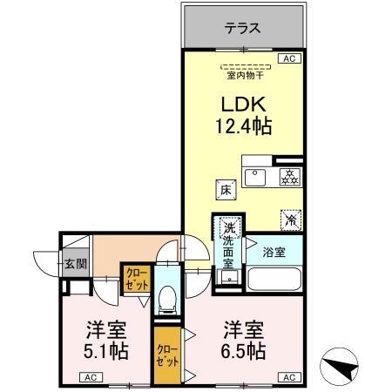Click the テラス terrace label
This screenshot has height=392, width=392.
242,28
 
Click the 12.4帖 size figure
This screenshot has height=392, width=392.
243,126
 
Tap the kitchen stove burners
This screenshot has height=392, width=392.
288,177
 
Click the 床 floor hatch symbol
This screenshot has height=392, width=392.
223,189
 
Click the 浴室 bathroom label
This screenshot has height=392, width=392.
274,252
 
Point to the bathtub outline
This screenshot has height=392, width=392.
274,280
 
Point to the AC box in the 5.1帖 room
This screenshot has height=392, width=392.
91,377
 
